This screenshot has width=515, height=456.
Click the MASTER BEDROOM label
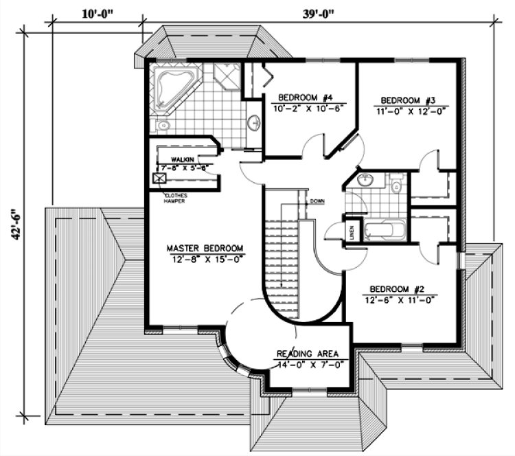pos(206,248)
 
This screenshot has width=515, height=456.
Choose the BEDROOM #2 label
pos(398,288)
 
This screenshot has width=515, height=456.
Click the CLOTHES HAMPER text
pos(174,198)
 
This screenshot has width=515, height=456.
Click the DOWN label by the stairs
pos(317,201)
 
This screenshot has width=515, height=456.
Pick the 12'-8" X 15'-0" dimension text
pos(206,259)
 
